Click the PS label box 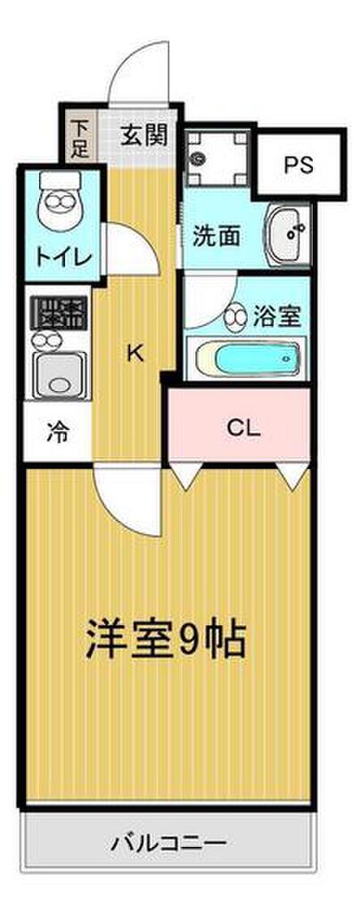click(299, 165)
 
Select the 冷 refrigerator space click(57, 434)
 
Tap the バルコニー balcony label click(168, 841)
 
